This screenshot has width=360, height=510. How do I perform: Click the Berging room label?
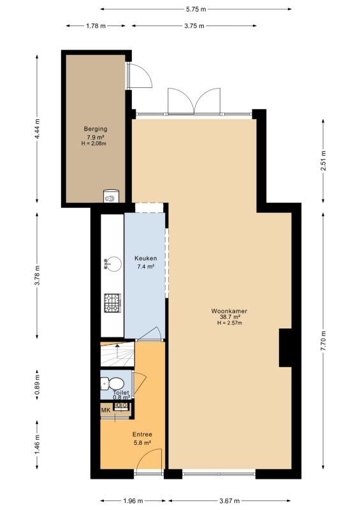pos(96,129)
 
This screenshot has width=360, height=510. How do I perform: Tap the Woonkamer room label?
pos(229,311)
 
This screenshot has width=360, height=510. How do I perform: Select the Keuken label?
pos(146,258)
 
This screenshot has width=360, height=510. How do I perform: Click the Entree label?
pos(142,434)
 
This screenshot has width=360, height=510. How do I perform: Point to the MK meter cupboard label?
pos(106,410)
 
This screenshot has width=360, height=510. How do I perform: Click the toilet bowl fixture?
pos(112,383)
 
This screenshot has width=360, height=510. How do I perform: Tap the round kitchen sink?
pos(114,264)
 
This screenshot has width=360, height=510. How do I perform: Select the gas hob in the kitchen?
pos(113,303)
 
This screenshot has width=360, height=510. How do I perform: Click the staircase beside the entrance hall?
pos(117,354)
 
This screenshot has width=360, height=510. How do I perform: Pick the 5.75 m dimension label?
pos(196,9)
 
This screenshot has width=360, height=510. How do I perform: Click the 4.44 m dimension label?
pos(37,129)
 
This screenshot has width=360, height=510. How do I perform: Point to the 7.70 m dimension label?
pos(323,340)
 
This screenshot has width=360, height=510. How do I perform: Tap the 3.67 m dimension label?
pos(229,500)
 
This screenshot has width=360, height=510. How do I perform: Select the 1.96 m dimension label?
pos(133,500)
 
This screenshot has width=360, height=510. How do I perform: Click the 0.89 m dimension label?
pos(37,385)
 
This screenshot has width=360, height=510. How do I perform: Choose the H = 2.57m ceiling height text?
pos(229,323)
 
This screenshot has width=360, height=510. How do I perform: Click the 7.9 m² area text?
pos(96,137)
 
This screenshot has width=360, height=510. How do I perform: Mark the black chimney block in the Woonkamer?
pos(285,347)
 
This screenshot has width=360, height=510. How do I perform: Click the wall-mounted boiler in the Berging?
pos(112,196)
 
